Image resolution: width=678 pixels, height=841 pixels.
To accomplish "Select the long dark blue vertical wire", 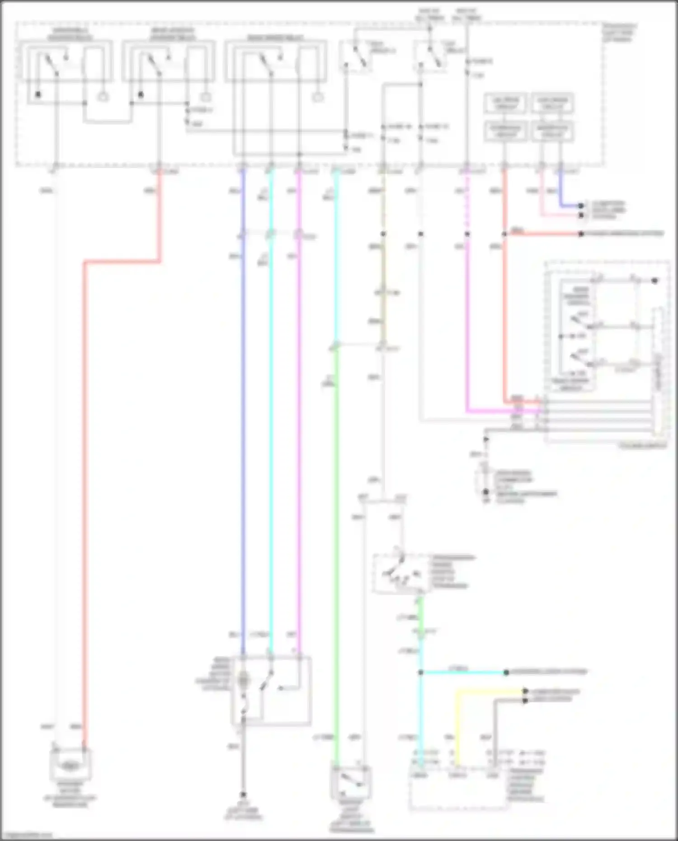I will tap(243, 407).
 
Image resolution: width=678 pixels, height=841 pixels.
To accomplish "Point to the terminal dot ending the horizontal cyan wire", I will tap(506, 672).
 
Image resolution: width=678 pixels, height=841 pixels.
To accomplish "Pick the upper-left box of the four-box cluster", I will tap(505, 103).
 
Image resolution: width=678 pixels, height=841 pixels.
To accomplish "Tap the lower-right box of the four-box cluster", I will tap(552, 131).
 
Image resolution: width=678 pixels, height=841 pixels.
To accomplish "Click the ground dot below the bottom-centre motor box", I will tap(243, 794).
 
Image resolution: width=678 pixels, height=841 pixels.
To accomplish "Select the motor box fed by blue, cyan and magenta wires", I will tap(271, 690).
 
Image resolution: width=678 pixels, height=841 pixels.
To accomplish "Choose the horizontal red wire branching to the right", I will tap(542, 234).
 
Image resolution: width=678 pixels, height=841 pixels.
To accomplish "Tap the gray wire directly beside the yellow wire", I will tap(495, 723).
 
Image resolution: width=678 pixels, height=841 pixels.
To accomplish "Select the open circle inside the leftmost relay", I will tap(104, 97).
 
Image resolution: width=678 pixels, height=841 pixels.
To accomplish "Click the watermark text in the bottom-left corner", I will tap(26, 836).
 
